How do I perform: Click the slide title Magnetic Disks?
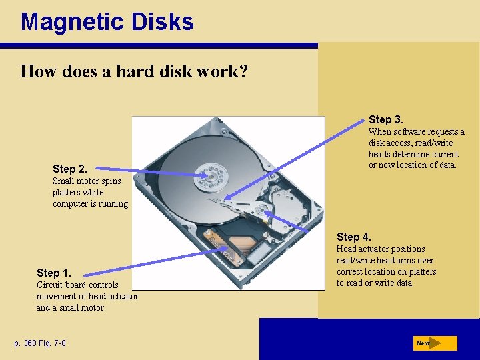107,22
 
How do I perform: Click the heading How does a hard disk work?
134,71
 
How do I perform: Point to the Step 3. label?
386,119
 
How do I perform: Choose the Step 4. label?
354,237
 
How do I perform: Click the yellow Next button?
434,343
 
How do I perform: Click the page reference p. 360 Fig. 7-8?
41,343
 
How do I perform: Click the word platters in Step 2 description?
67,192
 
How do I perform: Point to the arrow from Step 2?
167,173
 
